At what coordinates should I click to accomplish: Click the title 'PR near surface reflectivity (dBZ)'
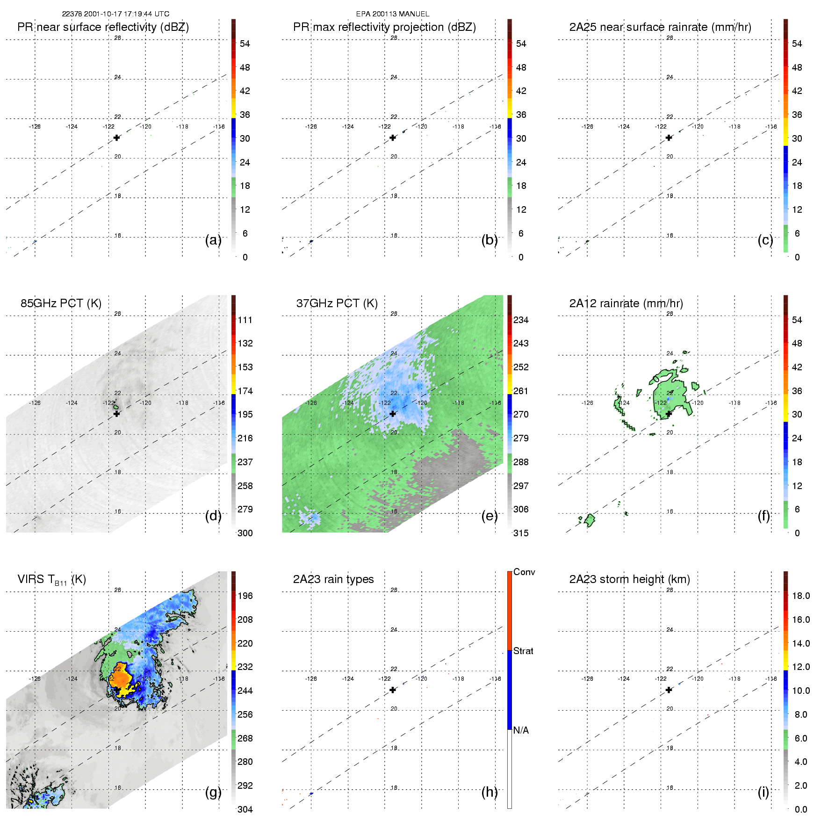103,27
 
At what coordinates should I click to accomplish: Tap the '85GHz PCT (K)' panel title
61,303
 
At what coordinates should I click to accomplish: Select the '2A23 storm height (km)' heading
629,579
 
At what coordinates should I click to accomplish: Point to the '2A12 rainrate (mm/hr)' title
626,303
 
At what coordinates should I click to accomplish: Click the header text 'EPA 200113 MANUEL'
393,14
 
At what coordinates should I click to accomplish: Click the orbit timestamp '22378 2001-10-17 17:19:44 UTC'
115,14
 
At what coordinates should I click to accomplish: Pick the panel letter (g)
213,792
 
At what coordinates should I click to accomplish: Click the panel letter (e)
490,516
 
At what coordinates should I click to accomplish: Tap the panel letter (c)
765,240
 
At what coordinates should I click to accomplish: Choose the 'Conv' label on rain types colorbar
524,572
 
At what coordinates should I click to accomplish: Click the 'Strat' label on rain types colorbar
523,651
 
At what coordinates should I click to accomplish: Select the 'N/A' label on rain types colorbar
521,730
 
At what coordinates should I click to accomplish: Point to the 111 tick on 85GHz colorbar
245,320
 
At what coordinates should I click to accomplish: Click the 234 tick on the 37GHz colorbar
521,320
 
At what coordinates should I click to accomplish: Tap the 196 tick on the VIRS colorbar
245,596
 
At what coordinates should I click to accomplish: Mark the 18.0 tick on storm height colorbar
800,596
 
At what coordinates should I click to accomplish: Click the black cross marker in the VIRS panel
116,690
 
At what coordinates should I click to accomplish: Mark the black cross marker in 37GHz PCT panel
393,414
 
